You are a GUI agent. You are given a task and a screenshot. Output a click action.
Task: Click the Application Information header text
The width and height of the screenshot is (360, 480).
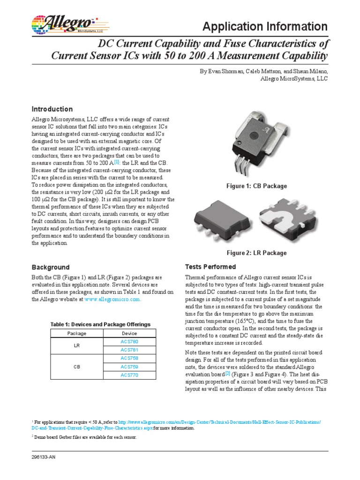point(265,26)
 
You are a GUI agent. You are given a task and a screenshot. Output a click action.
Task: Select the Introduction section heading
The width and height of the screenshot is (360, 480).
point(52,109)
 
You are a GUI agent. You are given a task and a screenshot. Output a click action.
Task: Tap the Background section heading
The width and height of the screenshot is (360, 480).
point(50,267)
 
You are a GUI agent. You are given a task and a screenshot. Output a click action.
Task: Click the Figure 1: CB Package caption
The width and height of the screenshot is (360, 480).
point(256,186)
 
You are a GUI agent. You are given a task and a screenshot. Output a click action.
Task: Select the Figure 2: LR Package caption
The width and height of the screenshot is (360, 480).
point(256,253)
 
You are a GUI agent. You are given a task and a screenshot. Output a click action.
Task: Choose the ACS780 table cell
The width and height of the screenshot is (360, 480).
point(130,342)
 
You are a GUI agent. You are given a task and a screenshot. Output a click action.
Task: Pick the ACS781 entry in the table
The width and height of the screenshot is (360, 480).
point(130,350)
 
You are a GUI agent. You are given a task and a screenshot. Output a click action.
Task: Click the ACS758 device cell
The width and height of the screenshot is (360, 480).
point(130,358)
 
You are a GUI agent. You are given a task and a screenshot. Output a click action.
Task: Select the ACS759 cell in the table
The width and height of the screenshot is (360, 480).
point(130,367)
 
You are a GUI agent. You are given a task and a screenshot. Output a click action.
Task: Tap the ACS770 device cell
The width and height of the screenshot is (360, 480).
point(130,375)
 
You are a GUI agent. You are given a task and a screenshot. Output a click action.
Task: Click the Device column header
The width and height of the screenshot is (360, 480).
point(130,333)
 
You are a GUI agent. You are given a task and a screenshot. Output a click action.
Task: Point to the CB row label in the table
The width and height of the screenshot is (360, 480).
point(77,367)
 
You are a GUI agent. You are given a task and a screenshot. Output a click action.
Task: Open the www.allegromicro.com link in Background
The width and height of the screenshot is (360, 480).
point(112,299)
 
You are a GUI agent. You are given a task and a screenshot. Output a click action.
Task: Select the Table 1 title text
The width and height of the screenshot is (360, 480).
point(100,324)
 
